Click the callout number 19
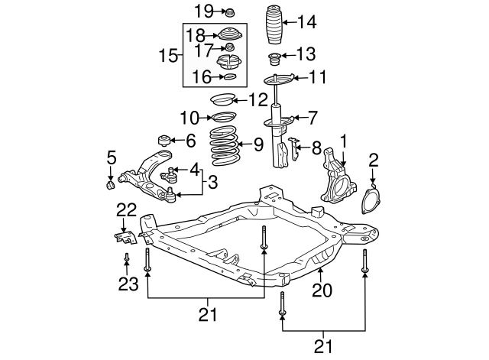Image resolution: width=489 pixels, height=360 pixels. coord(202,11)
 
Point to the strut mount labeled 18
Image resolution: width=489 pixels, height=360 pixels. coord(229,34)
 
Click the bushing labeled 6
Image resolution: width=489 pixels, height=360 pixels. coord(162,141)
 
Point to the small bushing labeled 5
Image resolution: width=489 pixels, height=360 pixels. coord(109,184)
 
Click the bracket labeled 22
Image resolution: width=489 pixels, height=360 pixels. coord(125,235)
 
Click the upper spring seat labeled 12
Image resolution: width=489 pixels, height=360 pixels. coord(222,99)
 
